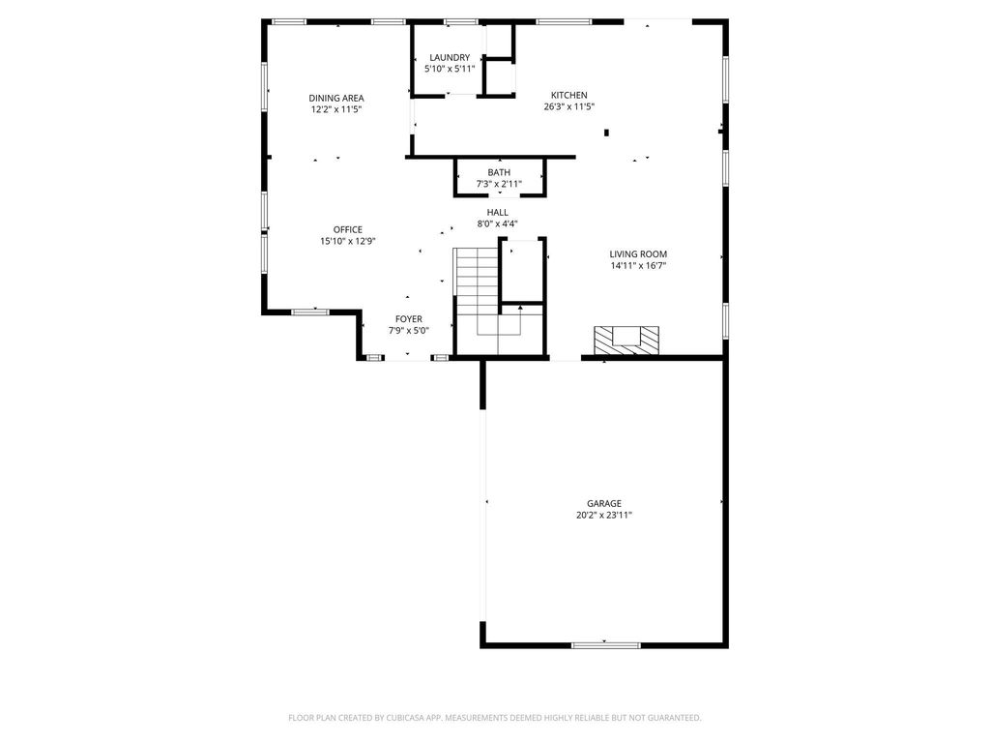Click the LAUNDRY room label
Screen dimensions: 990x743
tap(450, 57)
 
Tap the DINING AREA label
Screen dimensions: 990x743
tap(335, 98)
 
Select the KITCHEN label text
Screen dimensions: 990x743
tap(568, 96)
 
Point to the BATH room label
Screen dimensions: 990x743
tap(499, 172)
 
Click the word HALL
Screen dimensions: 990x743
tap(498, 212)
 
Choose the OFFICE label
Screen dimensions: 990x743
tap(348, 230)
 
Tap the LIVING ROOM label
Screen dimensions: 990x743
tap(638, 254)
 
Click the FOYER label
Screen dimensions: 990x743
tap(409, 319)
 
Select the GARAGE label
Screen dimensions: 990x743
tap(604, 503)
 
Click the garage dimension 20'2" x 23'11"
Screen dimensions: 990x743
tap(604, 515)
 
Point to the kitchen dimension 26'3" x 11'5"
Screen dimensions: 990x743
tap(568, 106)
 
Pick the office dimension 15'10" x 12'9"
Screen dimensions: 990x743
tap(348, 241)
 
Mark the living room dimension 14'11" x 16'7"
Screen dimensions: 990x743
tap(638, 265)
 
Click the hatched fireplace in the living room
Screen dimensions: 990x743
tap(626, 342)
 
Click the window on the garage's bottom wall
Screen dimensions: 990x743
tap(605, 645)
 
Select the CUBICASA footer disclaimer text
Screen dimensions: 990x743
tap(494, 718)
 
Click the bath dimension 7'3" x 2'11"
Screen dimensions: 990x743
tap(499, 184)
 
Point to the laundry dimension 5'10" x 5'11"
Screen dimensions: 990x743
tap(450, 69)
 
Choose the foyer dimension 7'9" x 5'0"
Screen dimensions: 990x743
tap(409, 331)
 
